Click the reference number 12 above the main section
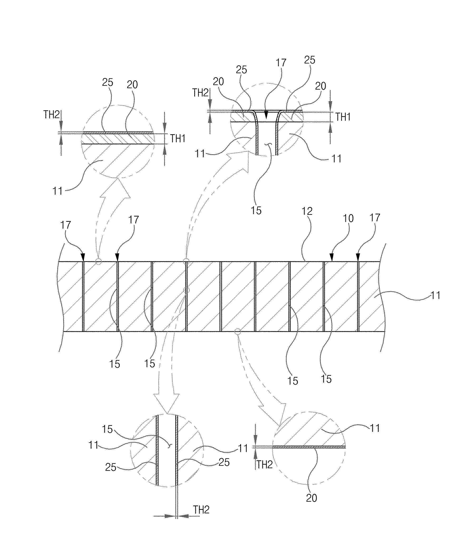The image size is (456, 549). click(307, 211)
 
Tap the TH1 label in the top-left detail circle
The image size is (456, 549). click(178, 139)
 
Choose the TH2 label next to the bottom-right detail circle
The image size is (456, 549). click(265, 465)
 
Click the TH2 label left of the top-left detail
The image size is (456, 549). click(52, 115)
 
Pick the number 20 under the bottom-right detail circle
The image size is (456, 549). click(311, 498)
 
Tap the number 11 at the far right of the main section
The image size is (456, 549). click(435, 295)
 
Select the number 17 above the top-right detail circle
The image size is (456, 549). click(281, 63)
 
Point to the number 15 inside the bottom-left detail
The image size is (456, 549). click(107, 429)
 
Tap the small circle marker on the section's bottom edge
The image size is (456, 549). click(238, 332)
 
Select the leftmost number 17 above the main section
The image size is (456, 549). click(66, 225)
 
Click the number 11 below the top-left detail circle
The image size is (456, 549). click(58, 191)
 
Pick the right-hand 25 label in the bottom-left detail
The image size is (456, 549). click(224, 462)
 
